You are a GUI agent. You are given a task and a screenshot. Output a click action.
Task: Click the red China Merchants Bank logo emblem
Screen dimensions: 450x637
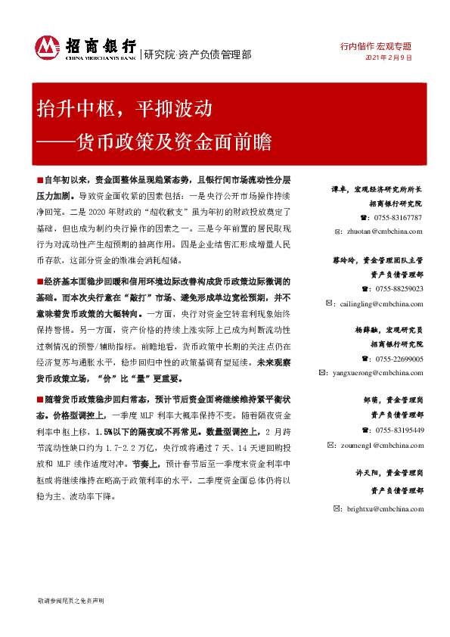pos(47,48)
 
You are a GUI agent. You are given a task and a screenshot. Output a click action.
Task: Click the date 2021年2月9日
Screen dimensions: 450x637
pos(389,57)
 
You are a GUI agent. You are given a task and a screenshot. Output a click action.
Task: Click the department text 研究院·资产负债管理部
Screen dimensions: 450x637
pos(197,54)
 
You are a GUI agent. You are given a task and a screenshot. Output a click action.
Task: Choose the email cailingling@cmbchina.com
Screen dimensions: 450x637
pos(375,303)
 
